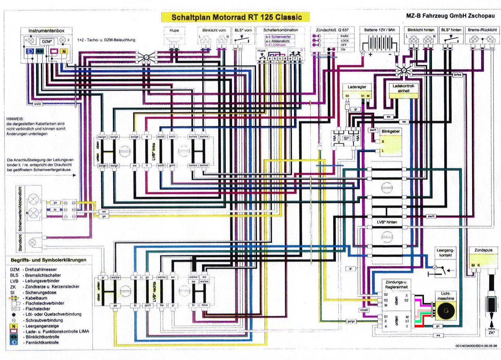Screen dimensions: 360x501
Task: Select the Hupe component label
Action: pyautogui.click(x=174, y=30)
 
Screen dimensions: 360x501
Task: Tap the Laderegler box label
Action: pyautogui.click(x=357, y=87)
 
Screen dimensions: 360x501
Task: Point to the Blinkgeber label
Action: pyautogui.click(x=390, y=131)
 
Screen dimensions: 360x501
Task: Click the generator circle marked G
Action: pyautogui.click(x=446, y=310)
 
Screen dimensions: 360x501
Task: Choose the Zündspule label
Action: pyautogui.click(x=483, y=250)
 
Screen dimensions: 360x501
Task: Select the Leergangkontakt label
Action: pyautogui.click(x=445, y=253)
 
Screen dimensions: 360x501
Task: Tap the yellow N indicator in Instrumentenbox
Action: pyautogui.click(x=64, y=51)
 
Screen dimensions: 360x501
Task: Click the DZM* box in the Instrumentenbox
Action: pyautogui.click(x=47, y=41)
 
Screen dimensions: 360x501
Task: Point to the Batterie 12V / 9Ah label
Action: pyautogui.click(x=380, y=30)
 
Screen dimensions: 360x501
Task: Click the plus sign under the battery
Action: pyautogui.click(x=370, y=55)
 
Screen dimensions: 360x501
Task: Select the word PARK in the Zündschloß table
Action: pyautogui.click(x=345, y=36)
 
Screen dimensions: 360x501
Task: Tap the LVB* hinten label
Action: pyautogui.click(x=387, y=222)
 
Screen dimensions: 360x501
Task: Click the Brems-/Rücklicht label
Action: pyautogui.click(x=482, y=30)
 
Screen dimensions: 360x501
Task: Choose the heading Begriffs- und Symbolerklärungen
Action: pyautogui.click(x=49, y=260)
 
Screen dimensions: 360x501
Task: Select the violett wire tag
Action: pyautogui.click(x=364, y=310)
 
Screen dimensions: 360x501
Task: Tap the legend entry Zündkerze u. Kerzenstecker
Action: pyautogui.click(x=52, y=286)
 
